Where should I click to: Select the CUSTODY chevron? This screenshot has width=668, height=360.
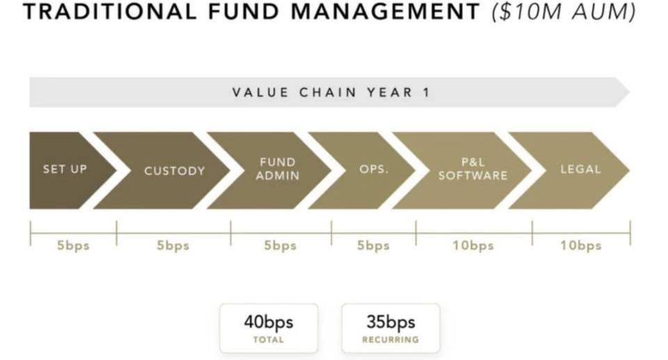pyautogui.click(x=170, y=170)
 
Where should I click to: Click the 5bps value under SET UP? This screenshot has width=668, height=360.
pyautogui.click(x=73, y=246)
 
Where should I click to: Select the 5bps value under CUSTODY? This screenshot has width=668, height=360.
pyautogui.click(x=173, y=246)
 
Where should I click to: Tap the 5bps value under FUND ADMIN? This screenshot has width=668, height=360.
pyautogui.click(x=280, y=246)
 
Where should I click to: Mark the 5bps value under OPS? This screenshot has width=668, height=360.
pyautogui.click(x=373, y=246)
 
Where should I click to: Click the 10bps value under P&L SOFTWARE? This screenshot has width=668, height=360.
pyautogui.click(x=473, y=246)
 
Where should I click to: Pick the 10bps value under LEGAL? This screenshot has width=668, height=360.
pyautogui.click(x=581, y=246)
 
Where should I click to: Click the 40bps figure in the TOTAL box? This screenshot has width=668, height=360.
pyautogui.click(x=269, y=322)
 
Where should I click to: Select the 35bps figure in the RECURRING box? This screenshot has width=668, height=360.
pyautogui.click(x=391, y=322)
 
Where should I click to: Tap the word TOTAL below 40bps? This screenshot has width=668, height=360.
pyautogui.click(x=269, y=340)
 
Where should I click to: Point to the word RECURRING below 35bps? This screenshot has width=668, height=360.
pyautogui.click(x=390, y=340)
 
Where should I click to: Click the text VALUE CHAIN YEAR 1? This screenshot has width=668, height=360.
pyautogui.click(x=331, y=92)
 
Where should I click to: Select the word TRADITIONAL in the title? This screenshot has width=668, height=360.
pyautogui.click(x=110, y=12)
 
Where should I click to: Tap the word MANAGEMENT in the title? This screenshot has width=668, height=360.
pyautogui.click(x=385, y=12)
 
